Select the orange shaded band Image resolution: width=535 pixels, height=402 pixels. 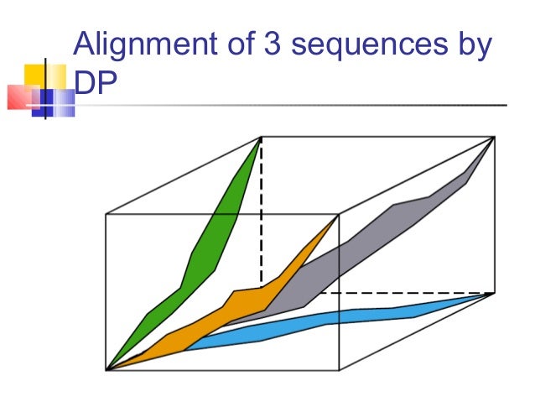(243, 298)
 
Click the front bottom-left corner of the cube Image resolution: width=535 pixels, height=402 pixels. (106, 369)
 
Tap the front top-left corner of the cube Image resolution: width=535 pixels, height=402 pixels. (106, 215)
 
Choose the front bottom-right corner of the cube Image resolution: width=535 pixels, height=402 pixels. (339, 369)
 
